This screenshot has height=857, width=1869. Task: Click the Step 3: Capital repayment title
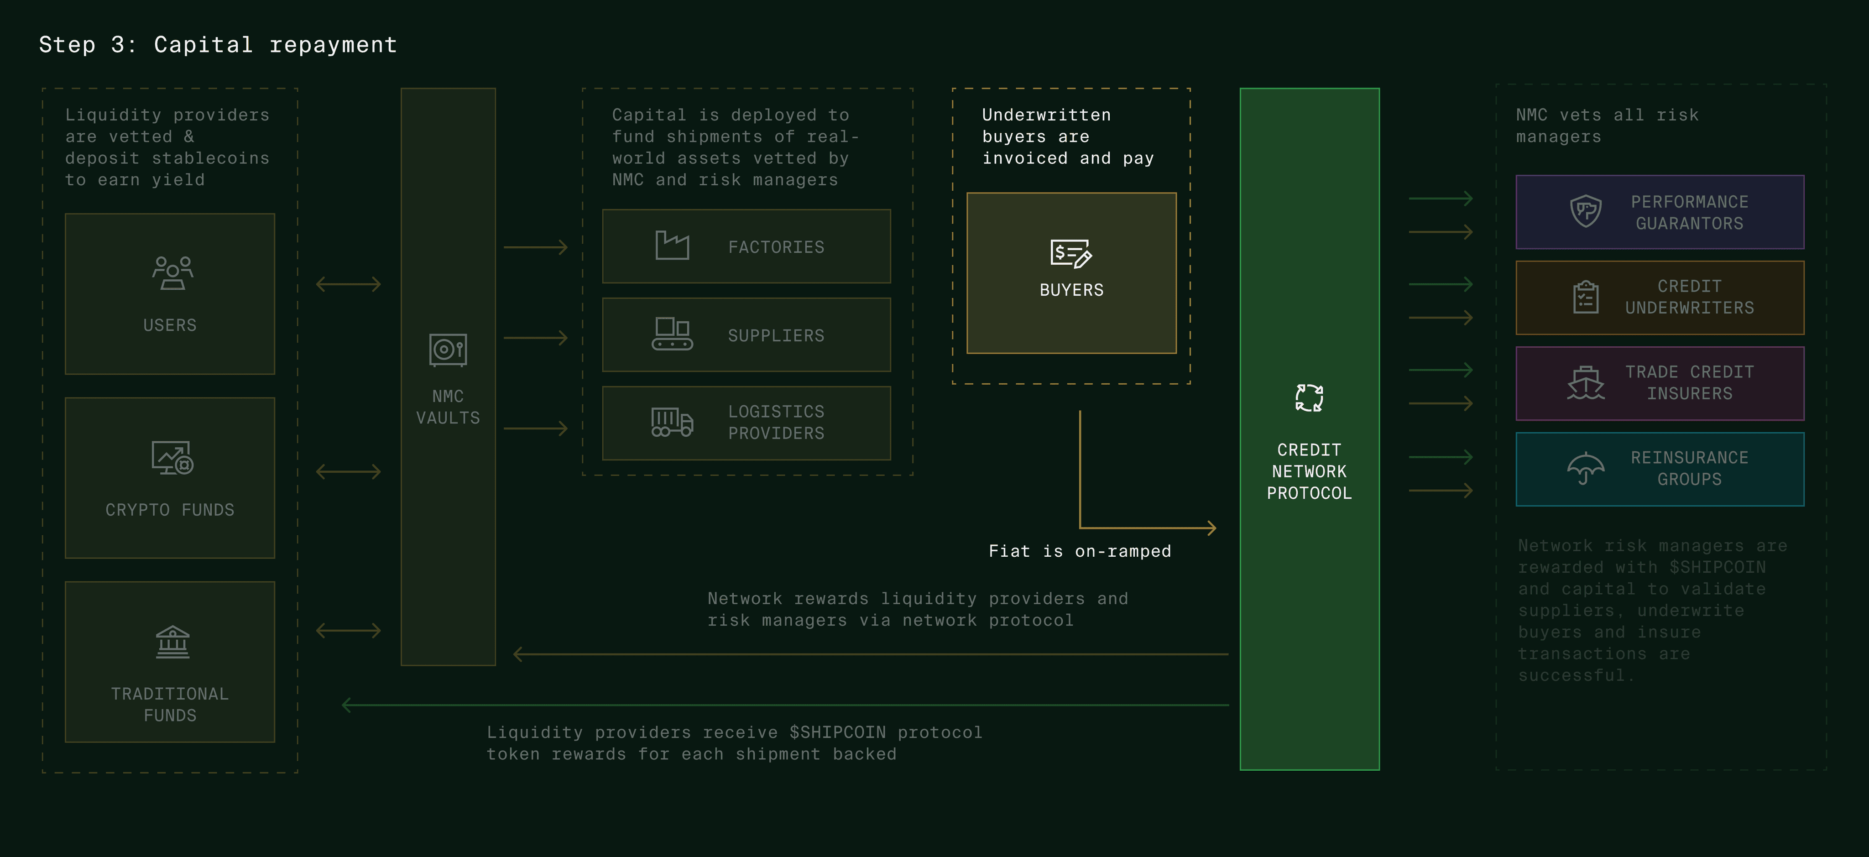[218, 45]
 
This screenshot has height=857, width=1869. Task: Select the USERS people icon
[172, 273]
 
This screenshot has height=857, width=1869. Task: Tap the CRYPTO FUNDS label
[170, 510]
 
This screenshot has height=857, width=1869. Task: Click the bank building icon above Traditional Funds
[172, 642]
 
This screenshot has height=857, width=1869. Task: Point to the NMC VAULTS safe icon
[448, 350]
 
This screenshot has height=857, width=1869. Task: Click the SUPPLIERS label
[776, 336]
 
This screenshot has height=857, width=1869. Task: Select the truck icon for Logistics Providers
[672, 422]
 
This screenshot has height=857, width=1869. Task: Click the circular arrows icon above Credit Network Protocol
[1309, 397]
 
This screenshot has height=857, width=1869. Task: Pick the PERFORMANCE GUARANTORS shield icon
[1585, 211]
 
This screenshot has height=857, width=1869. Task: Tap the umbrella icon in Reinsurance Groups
[1585, 468]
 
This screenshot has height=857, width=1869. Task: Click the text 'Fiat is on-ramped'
[1080, 552]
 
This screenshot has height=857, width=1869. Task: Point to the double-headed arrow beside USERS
[348, 284]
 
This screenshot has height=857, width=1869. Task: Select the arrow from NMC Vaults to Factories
[535, 247]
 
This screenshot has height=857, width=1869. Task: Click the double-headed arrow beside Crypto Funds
[348, 472]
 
